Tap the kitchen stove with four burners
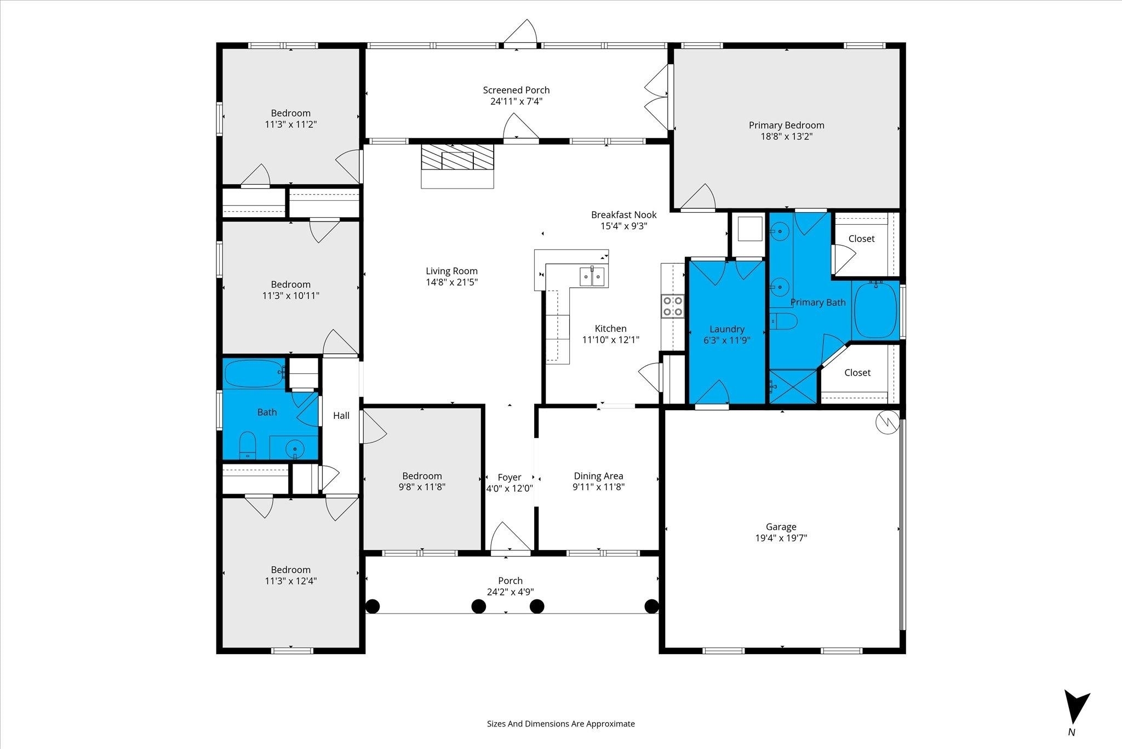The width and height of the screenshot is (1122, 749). click(x=673, y=306)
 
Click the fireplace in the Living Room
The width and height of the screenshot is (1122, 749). click(x=457, y=166)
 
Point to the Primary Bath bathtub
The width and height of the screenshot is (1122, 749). click(x=876, y=310)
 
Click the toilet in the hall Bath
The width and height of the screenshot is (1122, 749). click(x=248, y=445)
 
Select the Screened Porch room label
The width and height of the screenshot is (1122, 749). click(x=516, y=90)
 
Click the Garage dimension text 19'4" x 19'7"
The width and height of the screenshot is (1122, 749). click(x=781, y=538)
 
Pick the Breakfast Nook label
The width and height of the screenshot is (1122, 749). click(x=623, y=215)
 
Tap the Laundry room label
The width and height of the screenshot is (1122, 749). click(x=726, y=329)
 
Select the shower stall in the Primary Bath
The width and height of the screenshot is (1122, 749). click(x=793, y=388)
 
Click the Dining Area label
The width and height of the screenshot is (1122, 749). click(x=598, y=476)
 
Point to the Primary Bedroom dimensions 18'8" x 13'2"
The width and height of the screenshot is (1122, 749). click(x=786, y=137)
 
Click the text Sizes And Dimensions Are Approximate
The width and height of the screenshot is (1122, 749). click(x=561, y=724)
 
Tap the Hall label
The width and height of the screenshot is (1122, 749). click(x=341, y=416)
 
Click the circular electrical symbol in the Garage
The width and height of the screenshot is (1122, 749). click(x=887, y=423)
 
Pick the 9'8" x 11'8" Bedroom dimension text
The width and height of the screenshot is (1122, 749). click(x=422, y=487)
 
